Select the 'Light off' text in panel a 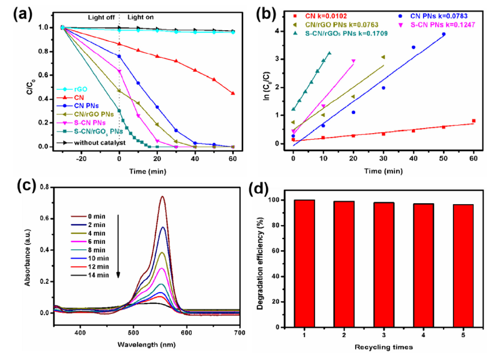[x=101, y=17]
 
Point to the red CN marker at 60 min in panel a [x=233, y=93]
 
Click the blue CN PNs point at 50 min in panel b [x=444, y=34]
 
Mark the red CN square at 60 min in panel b [x=474, y=121]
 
